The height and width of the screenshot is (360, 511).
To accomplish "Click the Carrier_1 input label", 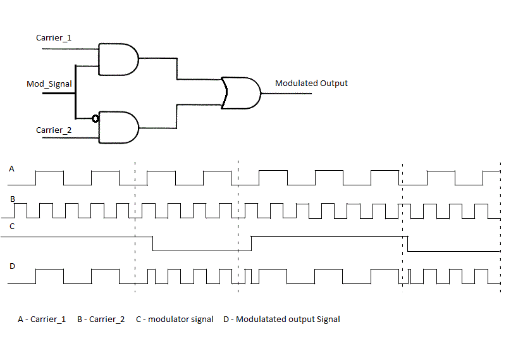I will pyautogui.click(x=54, y=38).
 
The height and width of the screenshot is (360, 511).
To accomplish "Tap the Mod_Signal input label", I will pyautogui.click(x=49, y=84).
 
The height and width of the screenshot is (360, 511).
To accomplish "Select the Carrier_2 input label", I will pyautogui.click(x=54, y=130).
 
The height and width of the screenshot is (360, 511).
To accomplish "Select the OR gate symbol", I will pyautogui.click(x=240, y=93).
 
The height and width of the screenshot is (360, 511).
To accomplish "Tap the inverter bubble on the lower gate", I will pyautogui.click(x=95, y=118).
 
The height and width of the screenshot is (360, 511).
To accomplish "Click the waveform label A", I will pyautogui.click(x=11, y=169).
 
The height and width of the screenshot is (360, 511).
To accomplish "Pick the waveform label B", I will pyautogui.click(x=11, y=199).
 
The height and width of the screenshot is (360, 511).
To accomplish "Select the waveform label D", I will pyautogui.click(x=11, y=266).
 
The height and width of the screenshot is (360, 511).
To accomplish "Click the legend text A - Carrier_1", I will pyautogui.click(x=42, y=320).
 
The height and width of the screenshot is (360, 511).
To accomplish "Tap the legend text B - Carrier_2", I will pyautogui.click(x=101, y=320).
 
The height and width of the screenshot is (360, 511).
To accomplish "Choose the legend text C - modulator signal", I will pyautogui.click(x=175, y=320).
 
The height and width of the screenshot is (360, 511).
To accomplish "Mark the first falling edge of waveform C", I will pyautogui.click(x=154, y=244).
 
